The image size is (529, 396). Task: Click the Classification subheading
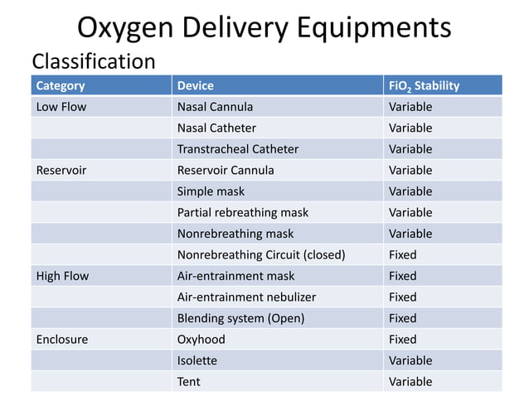[93, 62]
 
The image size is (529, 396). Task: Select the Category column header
[61, 85]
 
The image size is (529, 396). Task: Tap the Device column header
[195, 85]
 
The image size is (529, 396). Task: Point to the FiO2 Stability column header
[424, 85]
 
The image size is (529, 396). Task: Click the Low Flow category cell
[61, 107]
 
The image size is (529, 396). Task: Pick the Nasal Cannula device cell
[215, 107]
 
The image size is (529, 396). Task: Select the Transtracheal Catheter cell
[237, 149]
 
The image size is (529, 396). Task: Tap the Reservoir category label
[61, 170]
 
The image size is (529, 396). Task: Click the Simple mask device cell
[211, 191]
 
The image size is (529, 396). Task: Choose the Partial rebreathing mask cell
[242, 212]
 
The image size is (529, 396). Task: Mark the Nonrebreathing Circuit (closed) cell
[261, 254]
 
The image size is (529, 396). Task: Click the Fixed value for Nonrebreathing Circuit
[402, 254]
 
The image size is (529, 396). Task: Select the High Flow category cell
[63, 276]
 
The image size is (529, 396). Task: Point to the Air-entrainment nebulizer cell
[246, 297]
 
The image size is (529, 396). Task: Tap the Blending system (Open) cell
[240, 318]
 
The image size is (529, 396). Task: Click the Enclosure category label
[62, 339]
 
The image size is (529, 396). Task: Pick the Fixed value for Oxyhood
[402, 339]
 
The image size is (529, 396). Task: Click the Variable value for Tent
[410, 382]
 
